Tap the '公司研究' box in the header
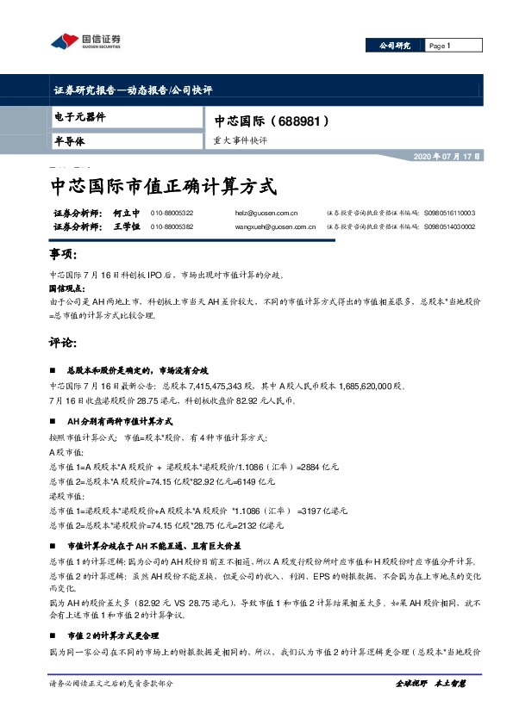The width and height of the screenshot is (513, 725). click(x=395, y=46)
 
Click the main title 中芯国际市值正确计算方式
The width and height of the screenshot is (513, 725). click(x=164, y=184)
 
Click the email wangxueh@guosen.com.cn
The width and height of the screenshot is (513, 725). click(x=275, y=226)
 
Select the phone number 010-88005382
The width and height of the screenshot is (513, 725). click(x=172, y=226)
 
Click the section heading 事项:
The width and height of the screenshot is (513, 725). click(x=64, y=256)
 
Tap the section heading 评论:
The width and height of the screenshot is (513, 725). click(x=64, y=341)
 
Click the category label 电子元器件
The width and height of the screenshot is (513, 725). click(x=78, y=116)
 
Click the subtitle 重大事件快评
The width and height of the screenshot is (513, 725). click(x=241, y=139)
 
